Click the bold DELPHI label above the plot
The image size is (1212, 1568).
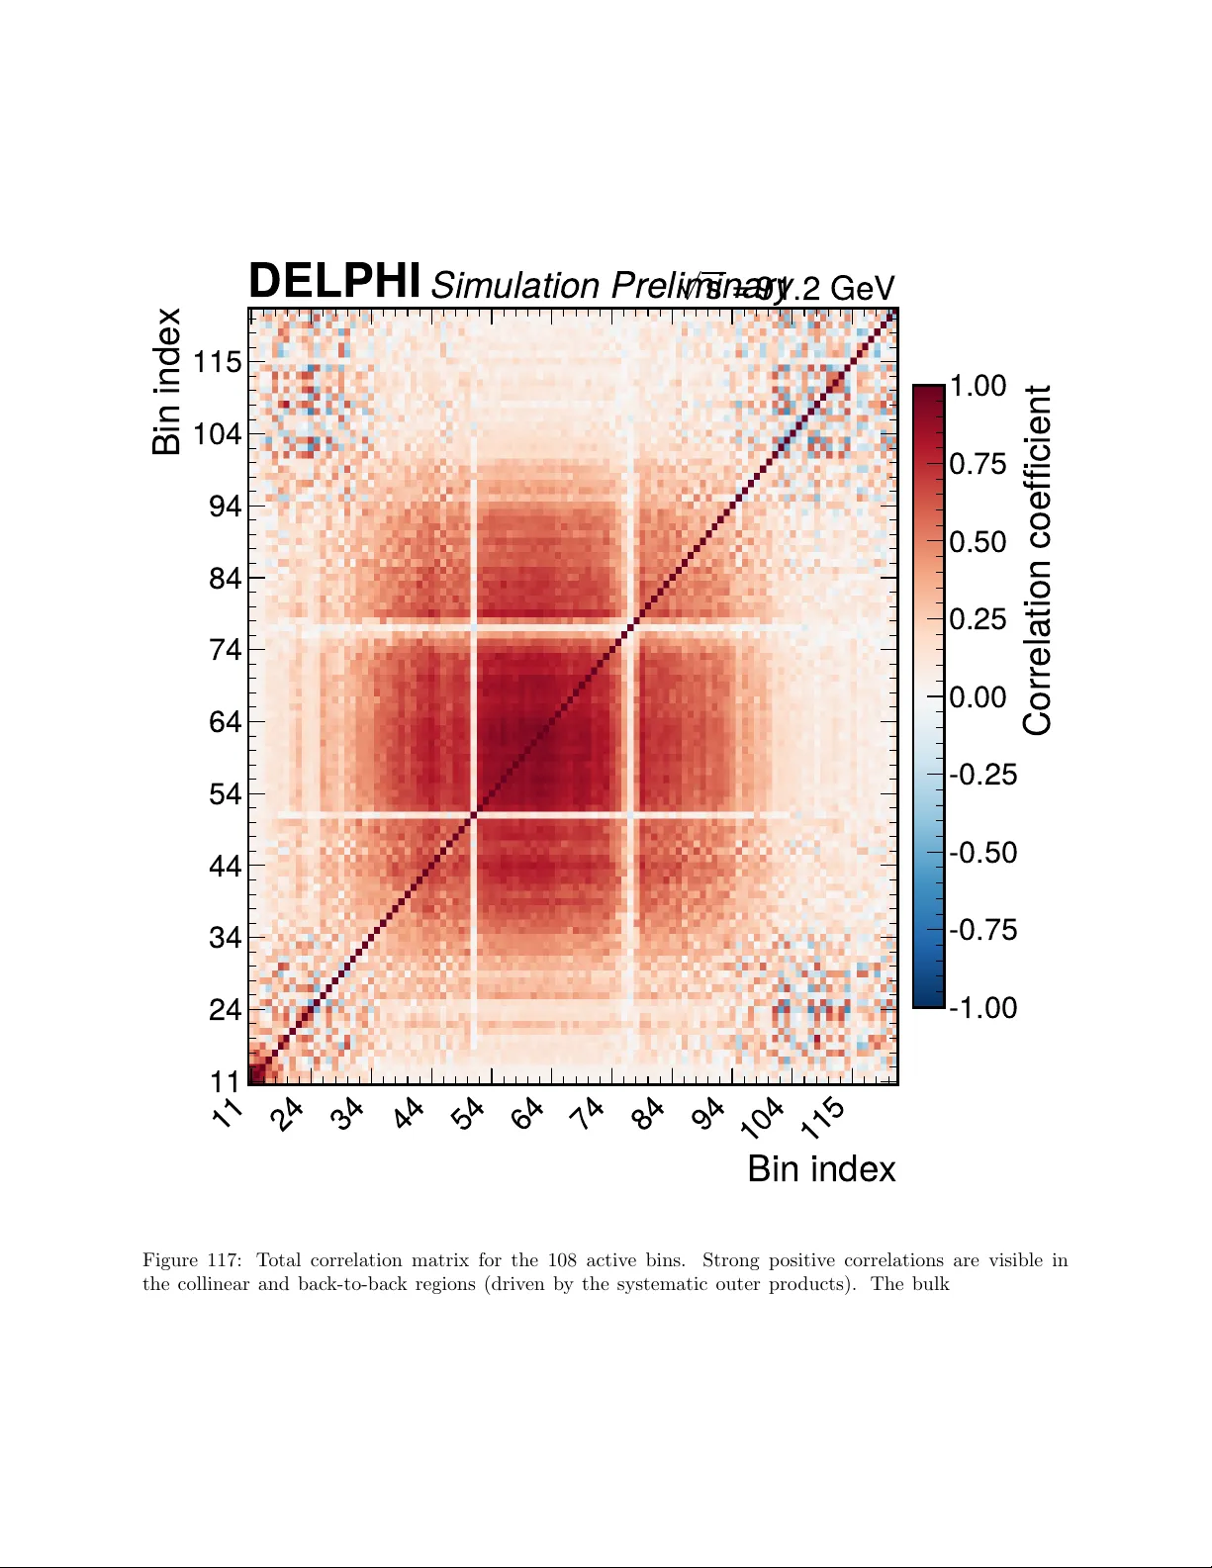pos(334,281)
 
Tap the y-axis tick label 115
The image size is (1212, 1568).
pos(217,362)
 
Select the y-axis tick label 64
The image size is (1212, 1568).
pos(225,722)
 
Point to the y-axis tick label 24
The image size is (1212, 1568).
pos(225,1010)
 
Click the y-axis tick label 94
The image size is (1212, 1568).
pos(225,507)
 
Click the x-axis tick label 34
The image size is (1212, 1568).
pos(348,1113)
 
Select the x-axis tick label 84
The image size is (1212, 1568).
pos(649,1113)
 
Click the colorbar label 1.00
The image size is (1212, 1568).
pos(978,386)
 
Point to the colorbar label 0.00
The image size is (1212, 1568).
pos(978,697)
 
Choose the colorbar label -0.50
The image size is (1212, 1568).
pos(982,853)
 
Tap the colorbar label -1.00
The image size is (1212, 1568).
pos(982,1008)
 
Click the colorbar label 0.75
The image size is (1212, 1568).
pos(978,464)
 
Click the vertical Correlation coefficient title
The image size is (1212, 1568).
pos(1037,560)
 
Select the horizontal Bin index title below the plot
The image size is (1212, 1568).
pos(821,1169)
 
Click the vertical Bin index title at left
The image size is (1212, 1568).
pos(167,381)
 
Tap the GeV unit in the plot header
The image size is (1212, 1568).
pos(862,289)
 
